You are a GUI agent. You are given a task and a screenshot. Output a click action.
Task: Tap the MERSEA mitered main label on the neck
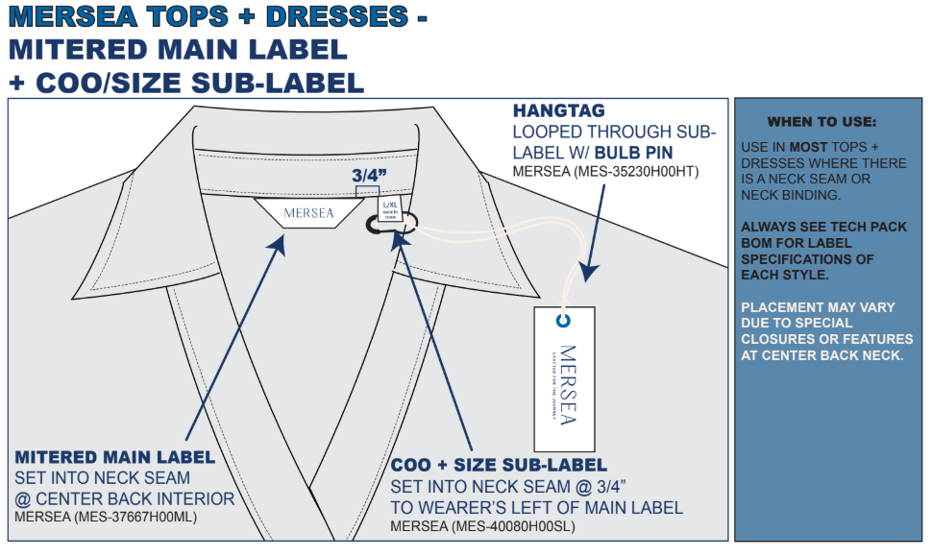309,212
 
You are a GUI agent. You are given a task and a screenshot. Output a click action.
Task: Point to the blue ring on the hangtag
564,322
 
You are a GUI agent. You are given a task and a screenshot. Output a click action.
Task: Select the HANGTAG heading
558,111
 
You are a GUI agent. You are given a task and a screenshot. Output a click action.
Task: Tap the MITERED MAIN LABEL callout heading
115,457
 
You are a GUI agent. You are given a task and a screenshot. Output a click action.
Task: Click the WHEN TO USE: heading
822,122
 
